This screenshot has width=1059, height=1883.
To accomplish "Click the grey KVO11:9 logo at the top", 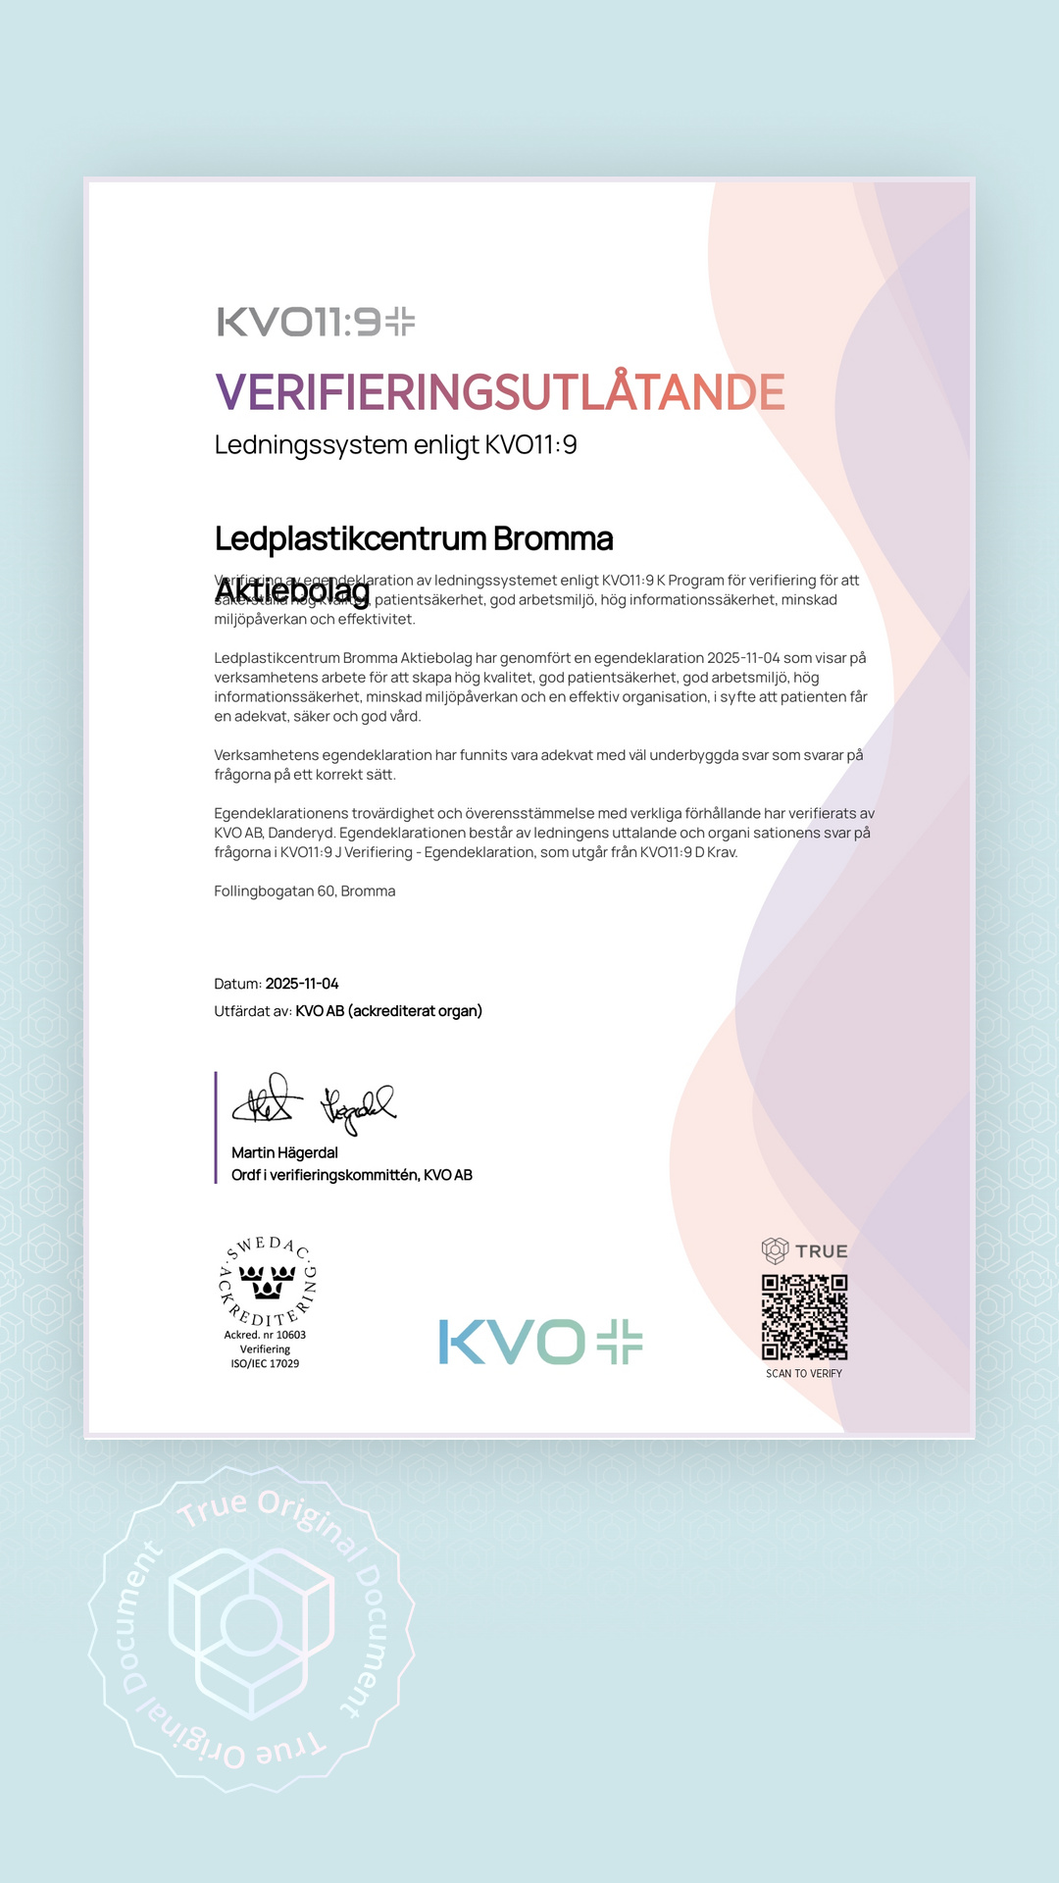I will point(316,322).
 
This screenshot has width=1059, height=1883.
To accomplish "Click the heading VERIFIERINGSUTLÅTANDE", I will point(499,392).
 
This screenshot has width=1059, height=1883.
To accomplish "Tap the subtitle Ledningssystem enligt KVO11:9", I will point(395,445).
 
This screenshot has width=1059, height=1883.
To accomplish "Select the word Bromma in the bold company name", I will point(552,538).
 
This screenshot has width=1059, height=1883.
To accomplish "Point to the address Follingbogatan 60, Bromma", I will point(305,891).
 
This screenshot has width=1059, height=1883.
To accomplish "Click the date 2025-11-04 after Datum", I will point(302,984).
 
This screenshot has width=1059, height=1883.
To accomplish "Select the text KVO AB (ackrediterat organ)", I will point(388,1011).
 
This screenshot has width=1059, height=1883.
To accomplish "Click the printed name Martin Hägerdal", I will point(284,1152).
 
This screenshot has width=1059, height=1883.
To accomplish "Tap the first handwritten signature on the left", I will point(263,1101).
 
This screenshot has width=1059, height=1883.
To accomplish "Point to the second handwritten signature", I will point(357,1107).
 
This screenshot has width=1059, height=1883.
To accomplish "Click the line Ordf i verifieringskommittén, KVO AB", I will point(351,1175).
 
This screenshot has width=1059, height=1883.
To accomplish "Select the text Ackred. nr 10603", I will point(265,1335).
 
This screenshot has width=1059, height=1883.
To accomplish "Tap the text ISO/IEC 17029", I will point(265,1363).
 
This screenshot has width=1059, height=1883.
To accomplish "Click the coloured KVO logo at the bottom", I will point(540,1342).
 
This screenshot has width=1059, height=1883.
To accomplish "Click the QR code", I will point(804,1316).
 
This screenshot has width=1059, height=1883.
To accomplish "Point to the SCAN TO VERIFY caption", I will point(804,1373).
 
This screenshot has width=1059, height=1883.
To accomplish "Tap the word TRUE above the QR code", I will point(822,1251).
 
